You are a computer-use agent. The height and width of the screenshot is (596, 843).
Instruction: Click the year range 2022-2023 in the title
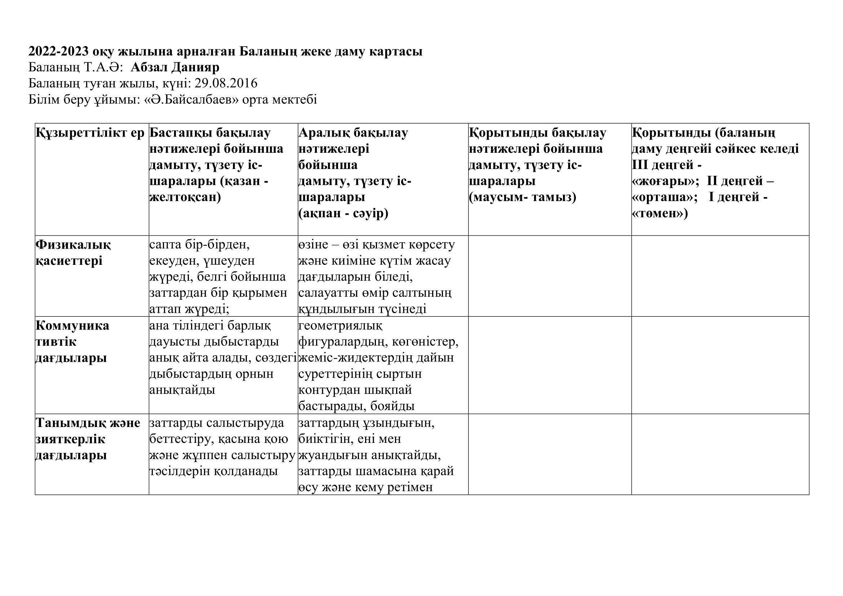pos(58,52)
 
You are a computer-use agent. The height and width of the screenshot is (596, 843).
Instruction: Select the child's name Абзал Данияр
pos(175,67)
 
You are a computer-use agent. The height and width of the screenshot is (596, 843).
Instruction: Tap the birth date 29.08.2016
pos(226,84)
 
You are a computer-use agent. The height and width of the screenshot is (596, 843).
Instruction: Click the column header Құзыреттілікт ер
pos(90,133)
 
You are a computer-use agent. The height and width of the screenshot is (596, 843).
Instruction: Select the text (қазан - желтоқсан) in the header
pos(209,190)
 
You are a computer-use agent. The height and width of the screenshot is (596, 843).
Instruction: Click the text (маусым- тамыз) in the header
pos(523,197)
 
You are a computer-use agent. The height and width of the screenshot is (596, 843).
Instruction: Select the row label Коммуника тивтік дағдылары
pos(72,342)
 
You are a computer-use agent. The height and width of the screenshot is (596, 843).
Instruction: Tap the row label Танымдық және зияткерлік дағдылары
pos(87,439)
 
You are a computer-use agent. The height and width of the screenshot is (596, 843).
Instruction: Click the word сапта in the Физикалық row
pos(165,245)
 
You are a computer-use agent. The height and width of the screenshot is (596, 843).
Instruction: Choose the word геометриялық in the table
pos(340,325)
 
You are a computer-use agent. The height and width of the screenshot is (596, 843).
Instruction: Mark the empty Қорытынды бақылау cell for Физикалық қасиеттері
pos(549,276)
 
